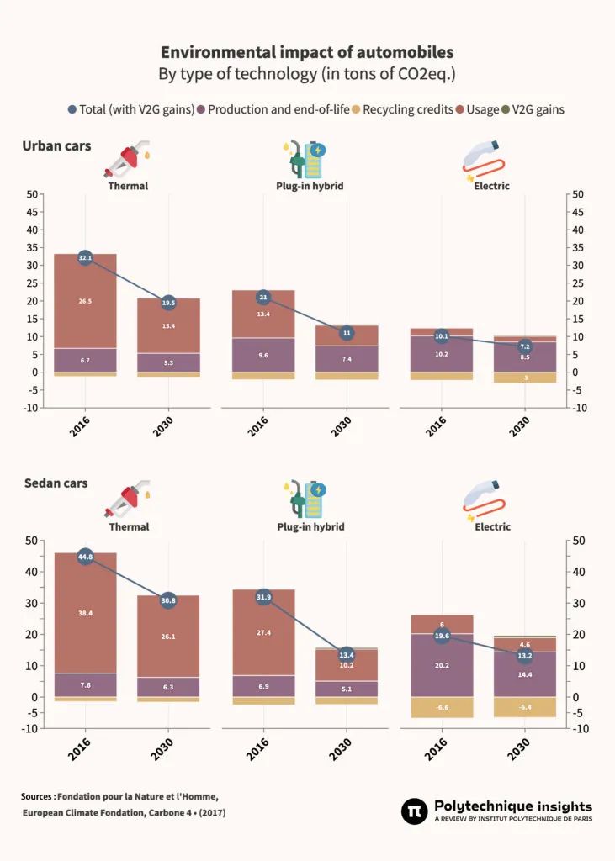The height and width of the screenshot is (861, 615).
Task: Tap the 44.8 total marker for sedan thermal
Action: (x=85, y=557)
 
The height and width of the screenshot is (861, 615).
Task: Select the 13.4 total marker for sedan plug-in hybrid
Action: (x=346, y=654)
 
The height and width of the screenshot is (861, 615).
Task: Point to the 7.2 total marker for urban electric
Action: (x=525, y=346)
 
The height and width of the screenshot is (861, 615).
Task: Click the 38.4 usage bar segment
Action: (x=85, y=613)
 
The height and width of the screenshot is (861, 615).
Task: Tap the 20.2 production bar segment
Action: (x=442, y=665)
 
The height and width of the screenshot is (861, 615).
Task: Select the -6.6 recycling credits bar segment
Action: (x=442, y=707)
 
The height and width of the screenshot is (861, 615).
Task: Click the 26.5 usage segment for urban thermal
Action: (x=85, y=300)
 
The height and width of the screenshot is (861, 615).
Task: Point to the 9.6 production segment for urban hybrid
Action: (x=263, y=355)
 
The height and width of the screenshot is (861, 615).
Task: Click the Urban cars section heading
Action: (x=56, y=146)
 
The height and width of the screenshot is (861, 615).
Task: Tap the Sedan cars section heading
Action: (x=56, y=483)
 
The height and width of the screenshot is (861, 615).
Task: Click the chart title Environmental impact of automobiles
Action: (x=307, y=52)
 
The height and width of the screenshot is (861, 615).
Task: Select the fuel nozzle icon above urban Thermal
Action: (x=127, y=159)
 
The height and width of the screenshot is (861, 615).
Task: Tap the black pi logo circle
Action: (x=415, y=811)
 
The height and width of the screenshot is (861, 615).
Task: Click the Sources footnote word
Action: (x=38, y=796)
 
